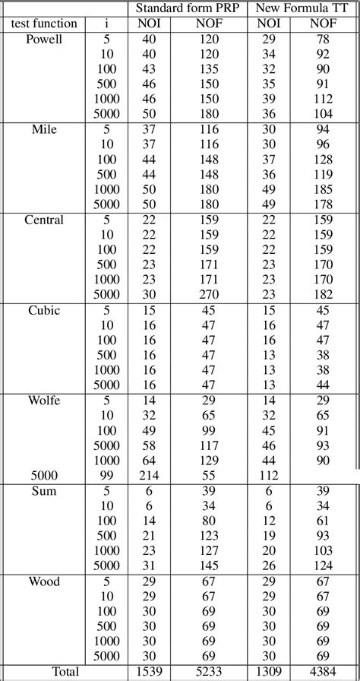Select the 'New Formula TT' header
click(x=303, y=8)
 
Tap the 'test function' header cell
click(x=45, y=24)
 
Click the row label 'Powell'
click(x=44, y=39)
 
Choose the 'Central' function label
click(x=44, y=220)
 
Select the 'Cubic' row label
click(x=44, y=310)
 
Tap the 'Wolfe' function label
click(x=44, y=401)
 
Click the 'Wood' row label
click(x=44, y=581)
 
